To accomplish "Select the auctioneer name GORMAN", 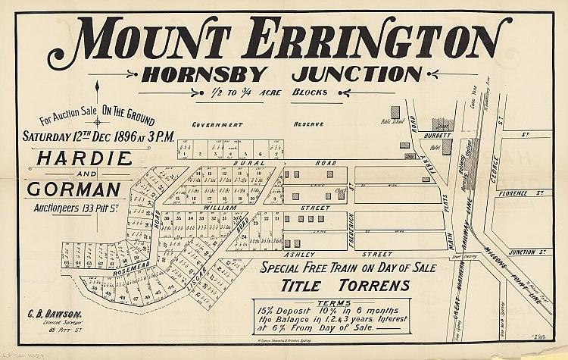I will click(74, 189).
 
